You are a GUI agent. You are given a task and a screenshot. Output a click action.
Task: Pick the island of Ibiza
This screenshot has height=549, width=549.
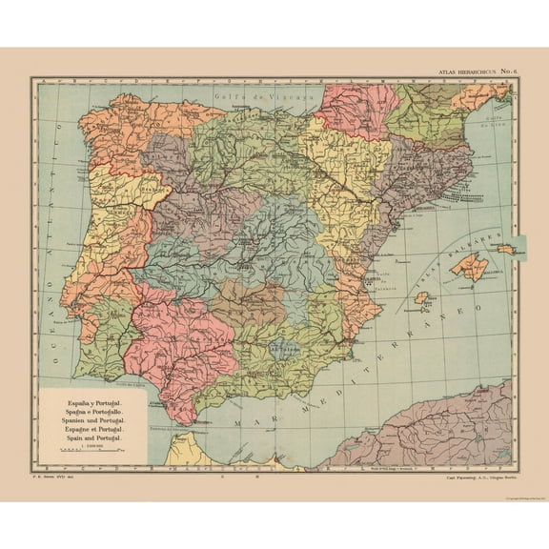pos(420,297)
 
